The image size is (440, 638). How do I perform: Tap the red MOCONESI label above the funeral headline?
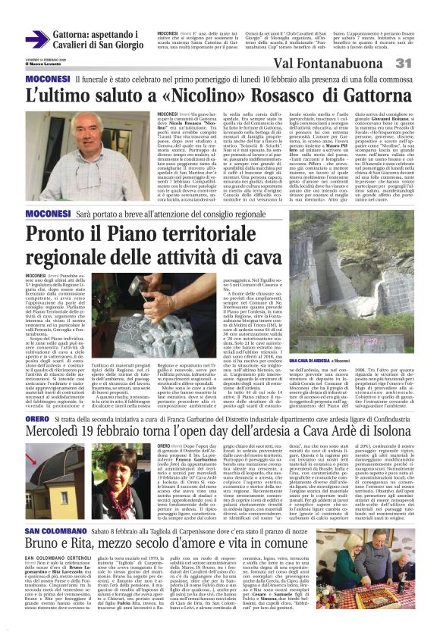pos(48,80)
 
